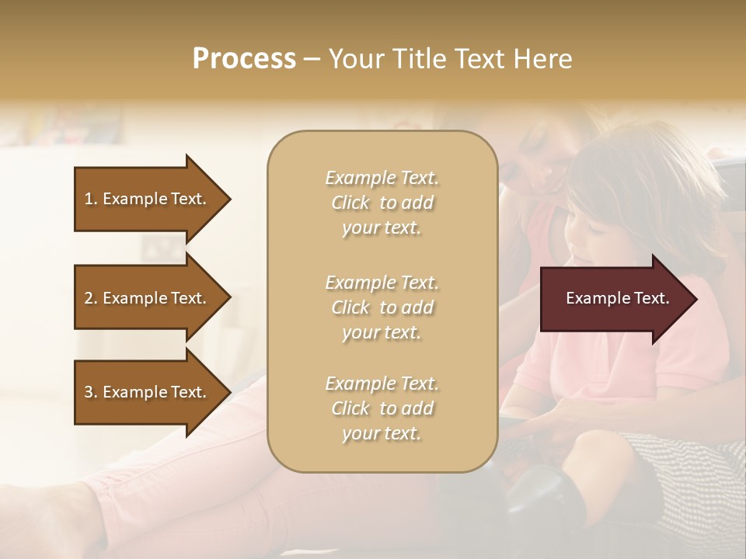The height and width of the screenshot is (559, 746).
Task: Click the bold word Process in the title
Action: [244, 59]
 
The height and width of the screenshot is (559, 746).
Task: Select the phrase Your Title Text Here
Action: [450, 59]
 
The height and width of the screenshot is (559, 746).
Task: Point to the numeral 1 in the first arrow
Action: [88, 199]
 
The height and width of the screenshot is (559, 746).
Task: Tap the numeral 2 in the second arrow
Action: [89, 298]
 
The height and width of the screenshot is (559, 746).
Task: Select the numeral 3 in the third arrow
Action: [89, 392]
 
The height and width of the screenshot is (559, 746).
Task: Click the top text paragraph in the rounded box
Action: [382, 203]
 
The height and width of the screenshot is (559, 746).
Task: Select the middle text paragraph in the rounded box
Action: [382, 307]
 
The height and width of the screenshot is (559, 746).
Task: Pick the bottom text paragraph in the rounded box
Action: [382, 408]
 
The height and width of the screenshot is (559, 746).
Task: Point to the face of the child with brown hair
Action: [587, 233]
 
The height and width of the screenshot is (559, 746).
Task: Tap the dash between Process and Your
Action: [312, 60]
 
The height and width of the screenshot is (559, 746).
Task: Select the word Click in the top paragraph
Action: [350, 203]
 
